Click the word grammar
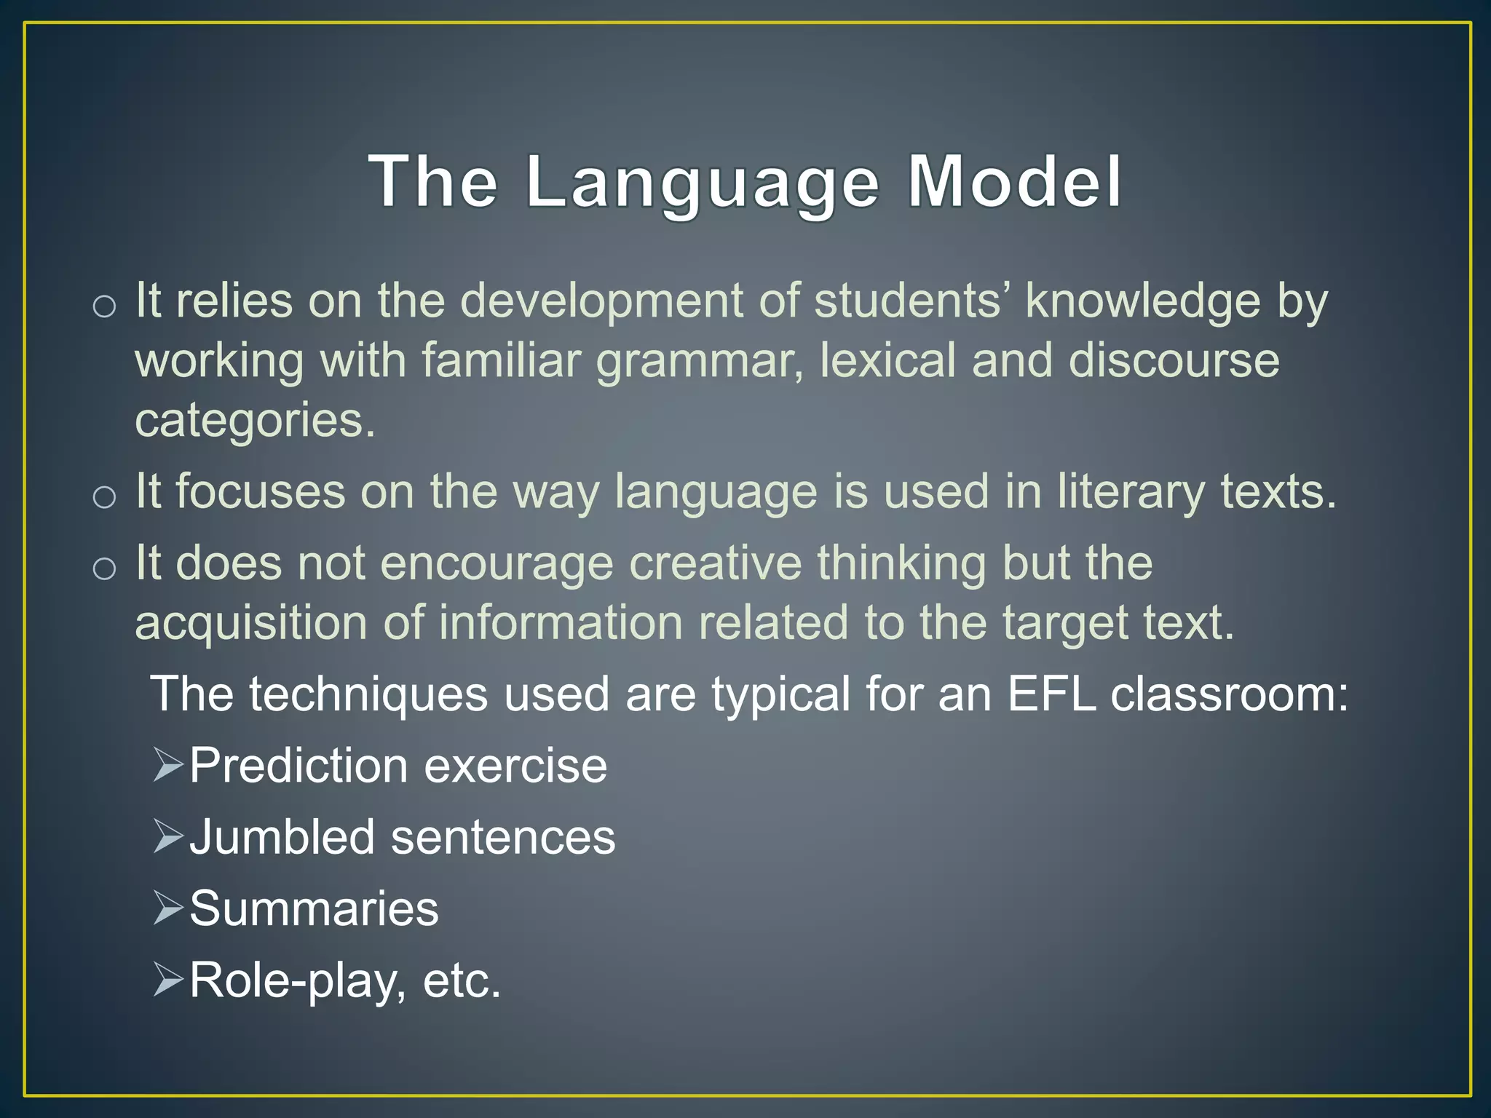pyautogui.click(x=699, y=362)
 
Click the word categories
pyautogui.click(x=255, y=421)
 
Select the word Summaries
pyautogui.click(x=314, y=908)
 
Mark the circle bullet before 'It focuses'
pyautogui.click(x=105, y=497)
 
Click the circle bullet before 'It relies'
pyautogui.click(x=105, y=306)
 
